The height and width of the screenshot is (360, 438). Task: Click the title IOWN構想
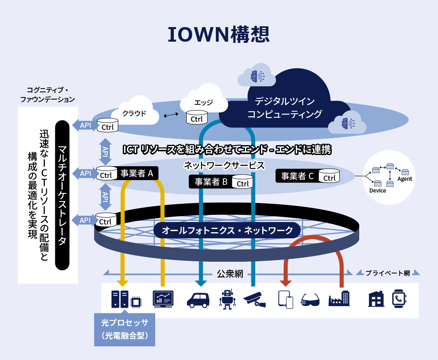coord(219,35)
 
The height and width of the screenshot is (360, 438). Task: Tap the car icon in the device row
coord(198,299)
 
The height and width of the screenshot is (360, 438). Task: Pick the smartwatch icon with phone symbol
coord(399,299)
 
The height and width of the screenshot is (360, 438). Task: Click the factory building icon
coord(339,299)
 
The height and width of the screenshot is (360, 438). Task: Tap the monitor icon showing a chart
coord(163,299)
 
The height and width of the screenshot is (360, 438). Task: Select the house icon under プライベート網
coord(376,299)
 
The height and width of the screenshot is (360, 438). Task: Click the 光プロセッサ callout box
coord(124,329)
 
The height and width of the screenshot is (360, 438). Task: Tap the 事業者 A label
coord(137,174)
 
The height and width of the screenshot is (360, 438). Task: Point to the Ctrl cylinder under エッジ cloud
coord(197,117)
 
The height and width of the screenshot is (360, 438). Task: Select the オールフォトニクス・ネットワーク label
coord(227,231)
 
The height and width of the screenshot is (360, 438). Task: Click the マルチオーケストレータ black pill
coord(62,195)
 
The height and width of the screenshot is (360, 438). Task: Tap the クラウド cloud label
coord(134,113)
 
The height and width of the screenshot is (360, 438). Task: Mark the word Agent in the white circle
coord(404,179)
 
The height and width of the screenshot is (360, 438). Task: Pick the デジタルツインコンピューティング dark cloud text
coord(284,108)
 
